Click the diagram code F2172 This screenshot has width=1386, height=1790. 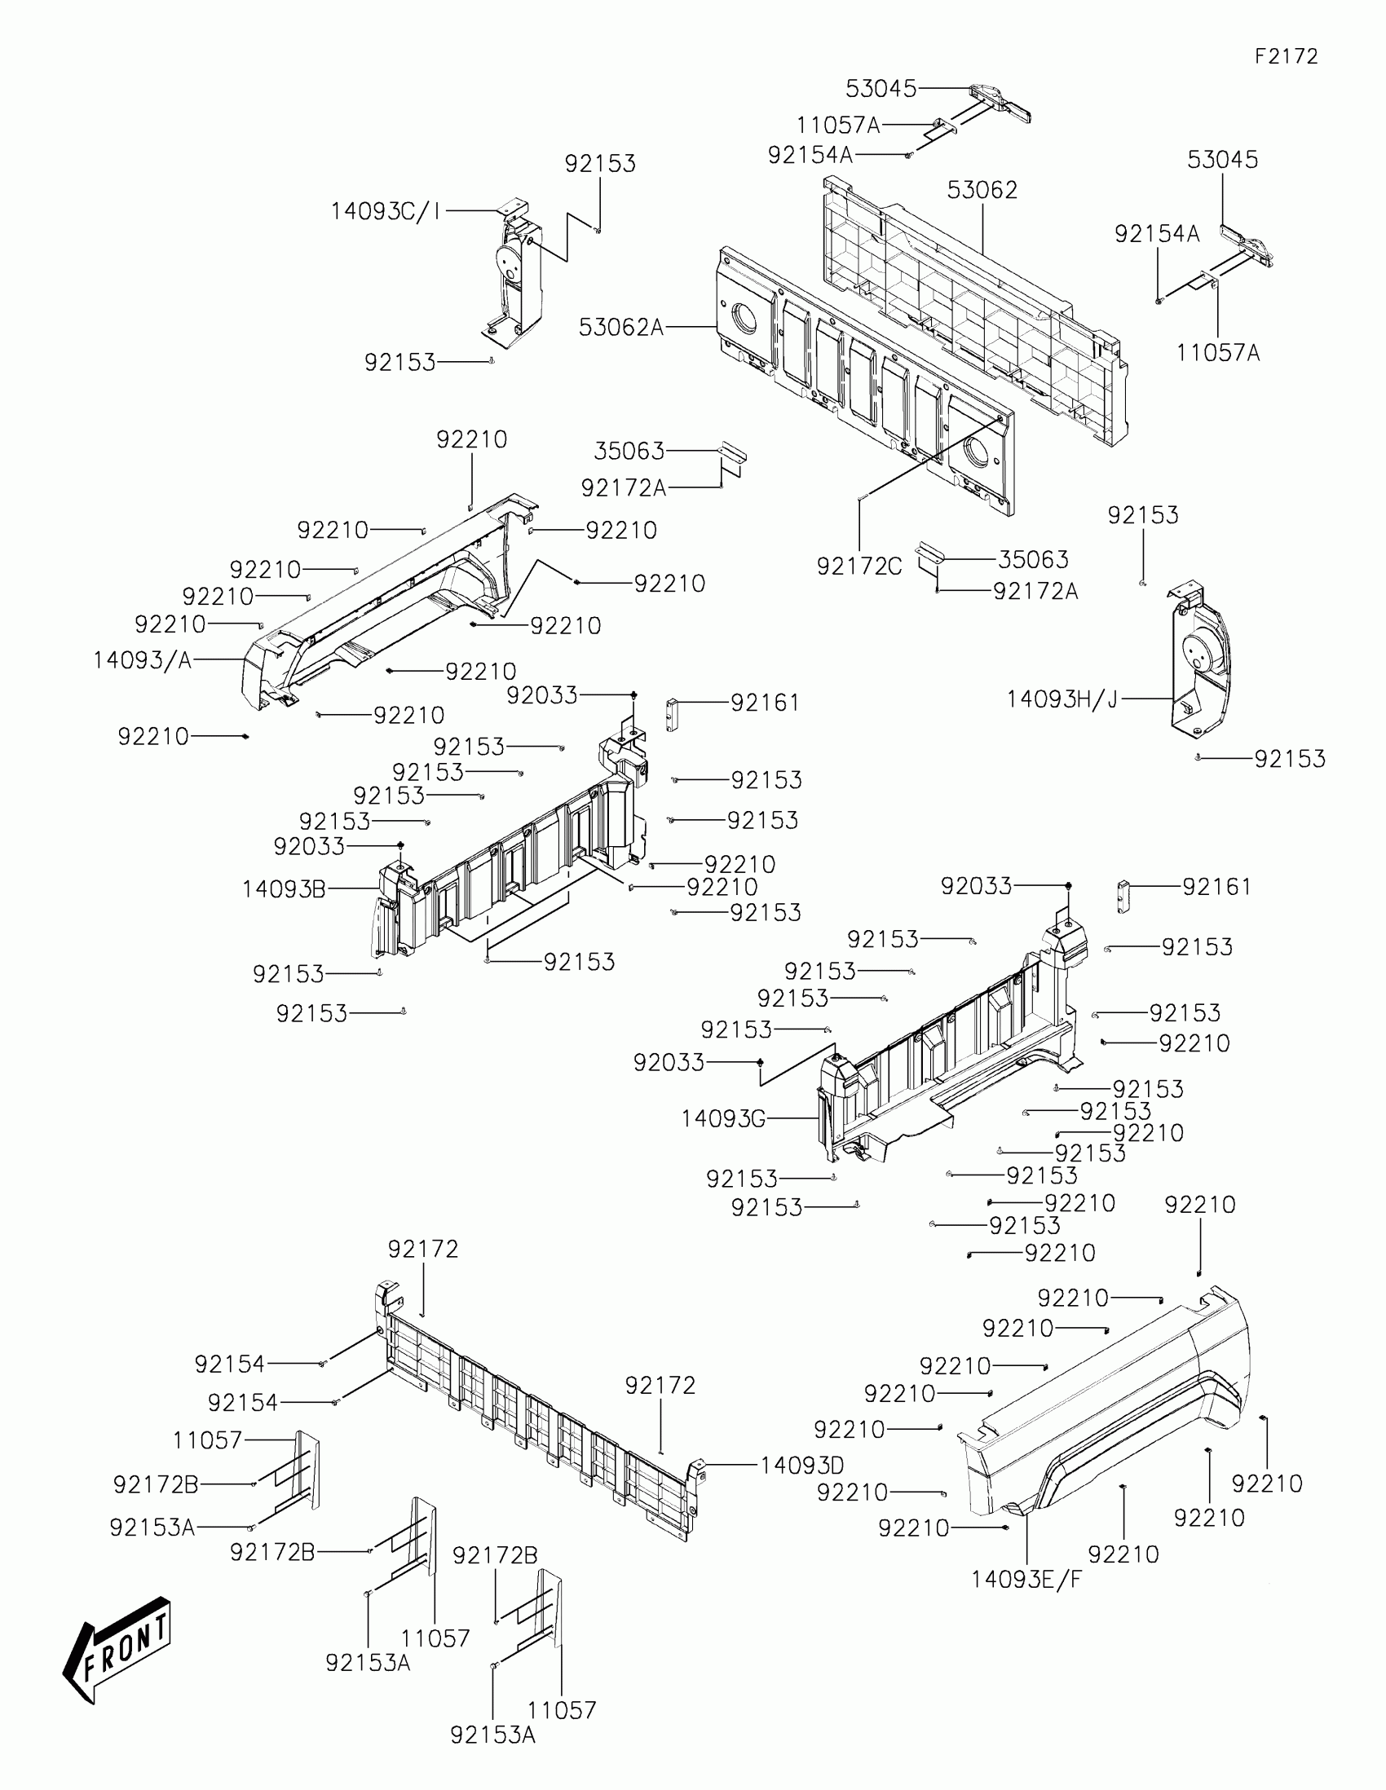pos(1286,56)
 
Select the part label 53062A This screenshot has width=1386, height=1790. pos(620,328)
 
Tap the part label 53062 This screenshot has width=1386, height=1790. pos(982,190)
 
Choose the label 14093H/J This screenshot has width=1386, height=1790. pos(1062,699)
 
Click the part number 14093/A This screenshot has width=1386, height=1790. pos(142,659)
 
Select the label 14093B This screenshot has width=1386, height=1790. pos(284,888)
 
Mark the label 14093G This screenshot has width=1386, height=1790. pos(723,1118)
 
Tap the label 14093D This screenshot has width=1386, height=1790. pos(801,1466)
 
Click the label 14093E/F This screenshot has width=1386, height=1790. pos(1026,1580)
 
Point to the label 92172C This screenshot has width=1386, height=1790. pos(859,567)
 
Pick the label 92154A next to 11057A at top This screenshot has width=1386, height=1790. pos(810,155)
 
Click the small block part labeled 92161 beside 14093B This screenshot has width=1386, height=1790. pos(672,714)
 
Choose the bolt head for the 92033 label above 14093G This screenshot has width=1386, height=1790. pos(1068,886)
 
